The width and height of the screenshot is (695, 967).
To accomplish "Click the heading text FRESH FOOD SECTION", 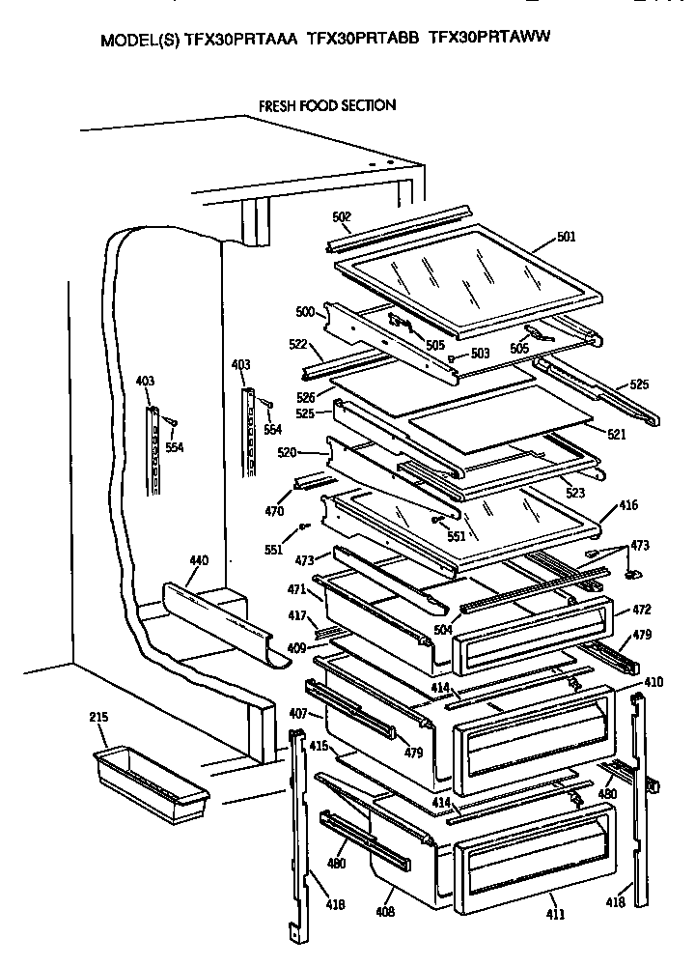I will (x=326, y=105).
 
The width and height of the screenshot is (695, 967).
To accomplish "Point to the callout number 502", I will (x=342, y=217).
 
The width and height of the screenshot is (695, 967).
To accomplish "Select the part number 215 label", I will (x=98, y=717).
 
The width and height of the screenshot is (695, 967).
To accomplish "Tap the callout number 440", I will (x=198, y=561).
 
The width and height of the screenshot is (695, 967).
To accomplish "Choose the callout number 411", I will (x=556, y=914).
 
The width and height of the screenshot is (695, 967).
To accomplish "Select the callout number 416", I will (x=627, y=505).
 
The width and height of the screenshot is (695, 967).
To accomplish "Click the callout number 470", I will (x=274, y=512).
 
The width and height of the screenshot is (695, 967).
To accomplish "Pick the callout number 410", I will (x=653, y=682).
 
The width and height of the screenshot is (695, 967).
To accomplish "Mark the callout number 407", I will (x=297, y=714).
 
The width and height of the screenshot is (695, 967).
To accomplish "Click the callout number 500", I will (x=305, y=312).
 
